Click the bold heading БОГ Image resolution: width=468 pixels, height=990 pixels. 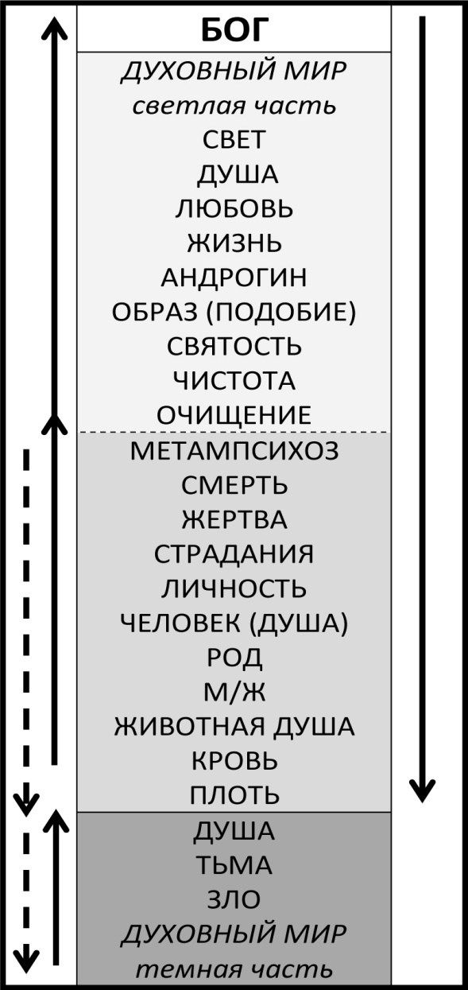(x=234, y=30)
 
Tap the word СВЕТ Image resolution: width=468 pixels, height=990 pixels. (x=234, y=139)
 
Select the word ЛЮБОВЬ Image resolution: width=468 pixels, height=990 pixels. (x=234, y=208)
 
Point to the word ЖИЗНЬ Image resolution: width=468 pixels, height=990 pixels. (x=234, y=243)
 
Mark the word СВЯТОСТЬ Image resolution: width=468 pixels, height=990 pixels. (x=234, y=346)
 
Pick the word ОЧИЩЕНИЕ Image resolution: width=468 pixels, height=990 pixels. (x=234, y=415)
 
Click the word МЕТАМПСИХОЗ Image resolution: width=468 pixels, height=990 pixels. (x=234, y=451)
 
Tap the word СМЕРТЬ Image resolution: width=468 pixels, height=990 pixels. (x=234, y=485)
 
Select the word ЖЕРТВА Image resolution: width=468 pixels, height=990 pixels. (x=234, y=520)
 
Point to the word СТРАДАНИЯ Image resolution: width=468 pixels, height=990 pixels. (x=234, y=554)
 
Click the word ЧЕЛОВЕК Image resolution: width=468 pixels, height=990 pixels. (x=180, y=623)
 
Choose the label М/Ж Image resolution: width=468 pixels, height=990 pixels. (x=234, y=692)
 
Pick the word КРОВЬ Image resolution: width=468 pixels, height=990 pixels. (x=234, y=761)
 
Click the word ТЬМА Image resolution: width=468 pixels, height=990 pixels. (x=234, y=865)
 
